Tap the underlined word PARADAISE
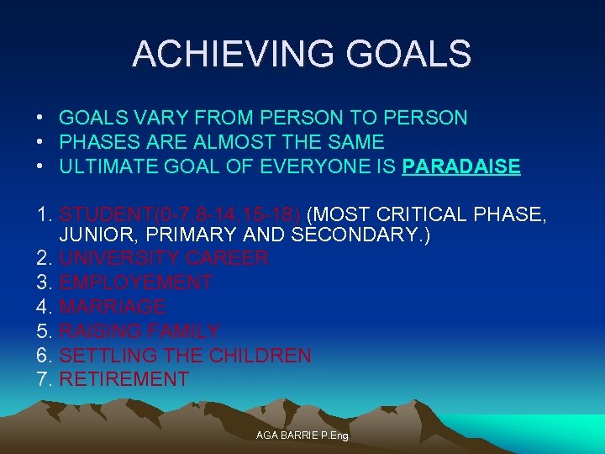(x=461, y=166)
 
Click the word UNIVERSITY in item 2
(x=118, y=259)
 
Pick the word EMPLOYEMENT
(x=135, y=283)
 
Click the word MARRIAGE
(x=112, y=308)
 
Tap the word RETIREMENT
(x=124, y=380)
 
